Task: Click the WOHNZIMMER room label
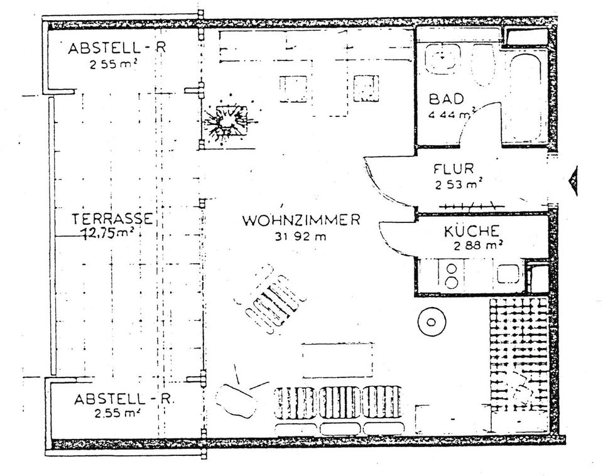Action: click(x=301, y=220)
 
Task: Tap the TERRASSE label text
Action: click(x=112, y=219)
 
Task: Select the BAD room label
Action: click(x=446, y=99)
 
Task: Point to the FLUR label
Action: click(x=454, y=169)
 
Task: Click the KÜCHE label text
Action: click(x=472, y=230)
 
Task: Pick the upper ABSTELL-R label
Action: click(x=117, y=48)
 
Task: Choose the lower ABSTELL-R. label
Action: click(x=124, y=399)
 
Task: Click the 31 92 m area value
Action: click(x=300, y=237)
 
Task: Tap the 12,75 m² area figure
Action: click(x=109, y=233)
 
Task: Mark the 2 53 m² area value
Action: click(x=459, y=185)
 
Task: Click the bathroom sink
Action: click(x=443, y=58)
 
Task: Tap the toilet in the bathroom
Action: click(x=482, y=65)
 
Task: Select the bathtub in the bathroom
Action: click(x=526, y=98)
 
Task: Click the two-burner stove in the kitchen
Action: click(x=451, y=275)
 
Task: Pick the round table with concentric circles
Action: click(x=432, y=322)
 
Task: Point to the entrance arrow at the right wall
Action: click(x=572, y=181)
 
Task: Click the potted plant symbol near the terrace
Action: click(x=227, y=121)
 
